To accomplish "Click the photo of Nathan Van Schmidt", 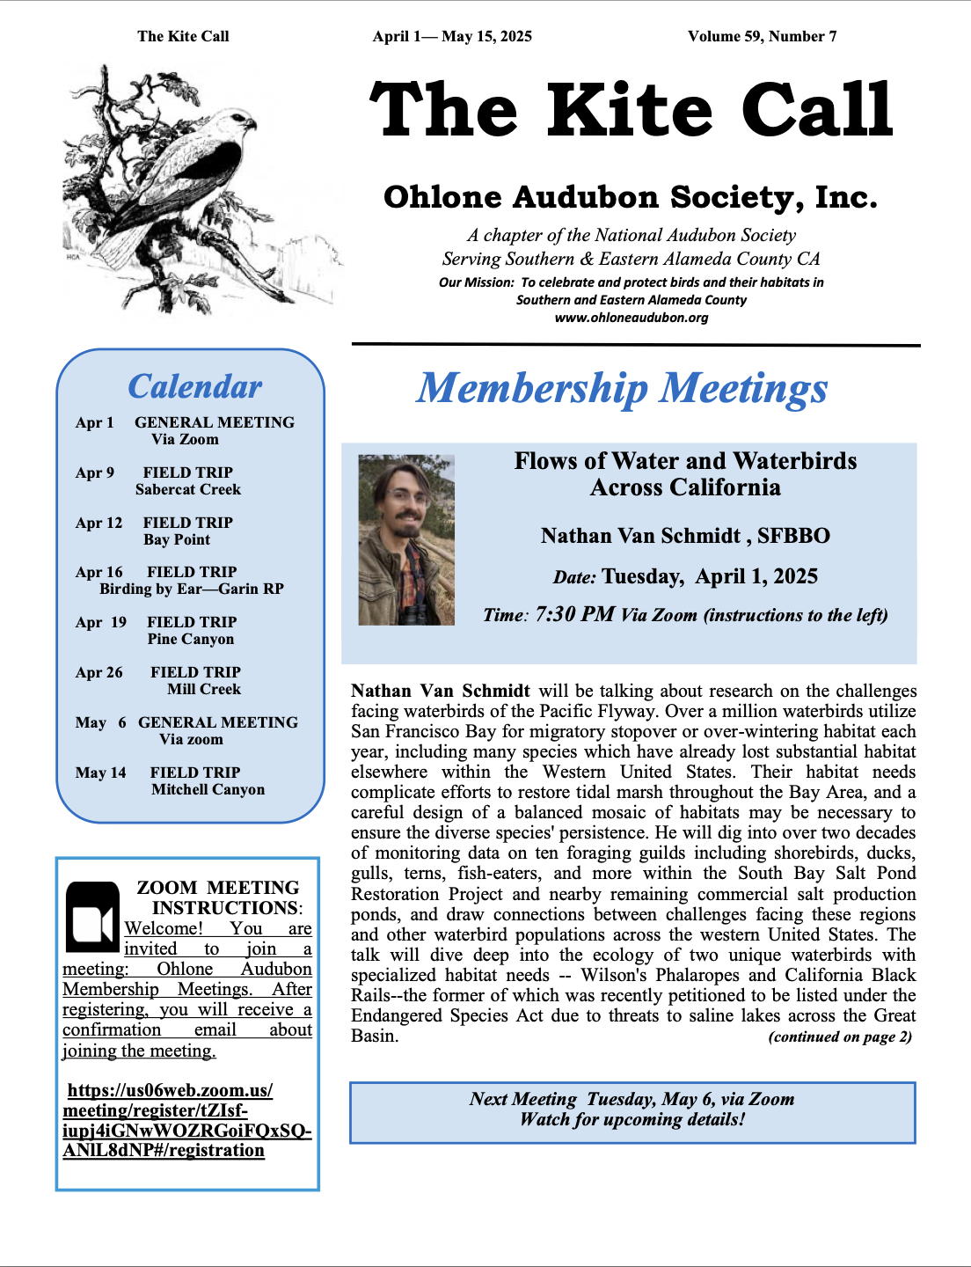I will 406,539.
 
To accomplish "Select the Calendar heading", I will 194,387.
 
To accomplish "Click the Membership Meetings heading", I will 622,388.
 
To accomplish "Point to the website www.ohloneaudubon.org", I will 631,318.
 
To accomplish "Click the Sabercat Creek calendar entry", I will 187,489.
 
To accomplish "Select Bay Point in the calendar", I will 177,539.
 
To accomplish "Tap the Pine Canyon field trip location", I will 191,639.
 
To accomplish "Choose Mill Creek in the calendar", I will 204,689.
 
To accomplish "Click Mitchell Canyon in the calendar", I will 208,789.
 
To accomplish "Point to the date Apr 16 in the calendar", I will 99,572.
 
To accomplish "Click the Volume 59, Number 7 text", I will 762,36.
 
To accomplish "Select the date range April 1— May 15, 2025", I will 452,36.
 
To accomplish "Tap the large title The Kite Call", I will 631,110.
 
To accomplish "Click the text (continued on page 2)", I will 840,1036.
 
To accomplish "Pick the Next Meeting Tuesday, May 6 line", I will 632,1099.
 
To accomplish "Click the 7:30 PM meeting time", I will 574,614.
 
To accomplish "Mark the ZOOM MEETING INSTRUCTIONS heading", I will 218,897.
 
